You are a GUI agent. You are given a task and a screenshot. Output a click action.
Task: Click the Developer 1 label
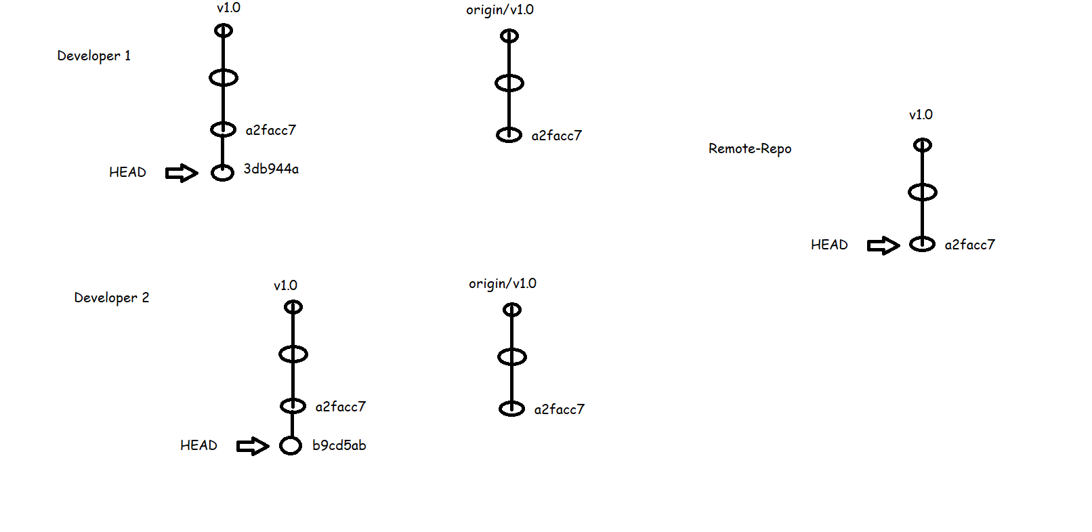[x=93, y=56]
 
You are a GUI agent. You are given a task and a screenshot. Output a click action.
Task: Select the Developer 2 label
[x=111, y=298]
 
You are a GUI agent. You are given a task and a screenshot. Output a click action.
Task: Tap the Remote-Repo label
[x=749, y=148]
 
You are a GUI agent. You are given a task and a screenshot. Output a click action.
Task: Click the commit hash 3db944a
[x=271, y=169]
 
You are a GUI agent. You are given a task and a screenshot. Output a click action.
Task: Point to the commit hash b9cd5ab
[x=339, y=445]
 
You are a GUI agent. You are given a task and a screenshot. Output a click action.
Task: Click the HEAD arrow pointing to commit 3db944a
[x=182, y=173]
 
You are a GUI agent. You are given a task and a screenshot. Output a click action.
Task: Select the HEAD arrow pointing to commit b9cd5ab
[x=252, y=446]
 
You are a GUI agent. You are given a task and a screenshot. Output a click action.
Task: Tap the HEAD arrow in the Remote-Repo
[x=883, y=245]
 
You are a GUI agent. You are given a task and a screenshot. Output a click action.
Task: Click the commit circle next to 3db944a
[x=222, y=173]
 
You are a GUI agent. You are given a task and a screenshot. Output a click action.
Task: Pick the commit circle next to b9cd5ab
[x=291, y=445]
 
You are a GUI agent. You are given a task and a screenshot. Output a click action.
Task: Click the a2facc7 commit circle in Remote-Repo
[x=922, y=244]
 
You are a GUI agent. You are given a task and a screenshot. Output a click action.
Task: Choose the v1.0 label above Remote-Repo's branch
[x=921, y=115]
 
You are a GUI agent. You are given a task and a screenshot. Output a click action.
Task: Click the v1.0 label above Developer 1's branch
[x=228, y=7]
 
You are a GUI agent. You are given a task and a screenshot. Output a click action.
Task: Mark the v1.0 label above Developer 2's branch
[x=285, y=285]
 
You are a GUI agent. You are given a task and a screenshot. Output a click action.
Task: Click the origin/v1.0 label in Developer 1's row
[x=499, y=9]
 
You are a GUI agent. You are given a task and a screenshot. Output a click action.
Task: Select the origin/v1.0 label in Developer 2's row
[x=502, y=283]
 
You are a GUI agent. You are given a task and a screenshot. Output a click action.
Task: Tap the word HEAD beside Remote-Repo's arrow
[x=829, y=245]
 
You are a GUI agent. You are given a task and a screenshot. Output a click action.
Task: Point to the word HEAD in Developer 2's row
[x=198, y=445]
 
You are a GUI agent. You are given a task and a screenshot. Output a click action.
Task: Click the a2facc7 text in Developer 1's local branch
[x=270, y=130]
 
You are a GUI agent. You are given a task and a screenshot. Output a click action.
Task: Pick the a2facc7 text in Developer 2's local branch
[x=340, y=407]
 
